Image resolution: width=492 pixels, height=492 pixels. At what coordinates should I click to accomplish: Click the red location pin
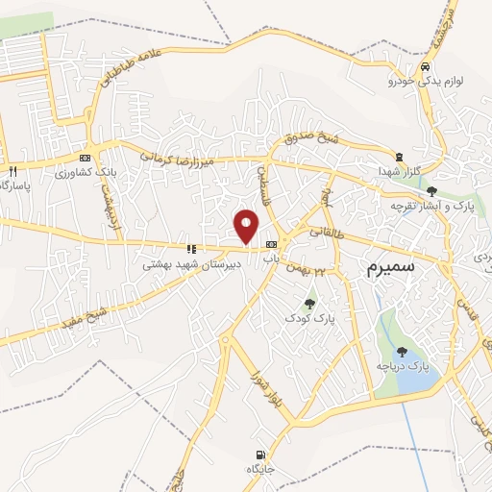[x=247, y=226]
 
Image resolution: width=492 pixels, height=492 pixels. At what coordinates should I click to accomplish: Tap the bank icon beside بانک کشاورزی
[x=85, y=158]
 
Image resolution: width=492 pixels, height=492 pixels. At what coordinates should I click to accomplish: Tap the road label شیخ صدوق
[x=318, y=141]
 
